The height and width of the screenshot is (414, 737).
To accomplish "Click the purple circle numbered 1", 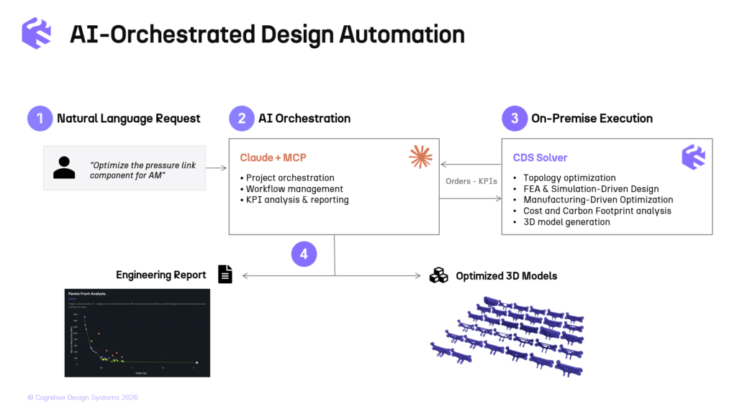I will [40, 119].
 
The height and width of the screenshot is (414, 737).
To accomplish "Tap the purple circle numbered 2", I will [242, 119].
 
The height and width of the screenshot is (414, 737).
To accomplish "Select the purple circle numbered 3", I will [515, 119].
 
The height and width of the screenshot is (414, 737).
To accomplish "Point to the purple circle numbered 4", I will [304, 253].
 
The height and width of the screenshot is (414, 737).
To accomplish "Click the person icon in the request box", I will [64, 167].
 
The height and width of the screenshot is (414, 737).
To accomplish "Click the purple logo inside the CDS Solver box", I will [694, 157].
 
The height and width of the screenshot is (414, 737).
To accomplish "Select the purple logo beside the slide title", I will [35, 34].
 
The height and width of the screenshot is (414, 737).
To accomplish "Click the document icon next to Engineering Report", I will [225, 274].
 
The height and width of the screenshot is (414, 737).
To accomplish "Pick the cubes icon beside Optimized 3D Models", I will [438, 275].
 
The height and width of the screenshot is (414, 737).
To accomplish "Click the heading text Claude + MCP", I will [273, 157].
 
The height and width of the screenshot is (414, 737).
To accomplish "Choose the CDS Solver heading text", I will [540, 157].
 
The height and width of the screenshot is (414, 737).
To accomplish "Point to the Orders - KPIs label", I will [471, 181].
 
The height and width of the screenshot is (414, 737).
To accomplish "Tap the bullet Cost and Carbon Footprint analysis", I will [597, 211].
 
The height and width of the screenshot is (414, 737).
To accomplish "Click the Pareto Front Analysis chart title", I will [86, 294].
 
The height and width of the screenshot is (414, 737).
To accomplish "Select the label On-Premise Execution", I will [592, 119].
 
